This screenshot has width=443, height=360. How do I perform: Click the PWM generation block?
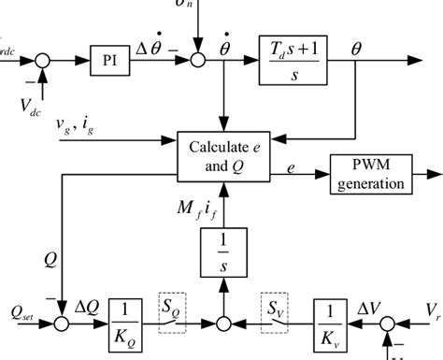(x=371, y=173)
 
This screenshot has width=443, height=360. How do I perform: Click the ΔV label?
(x=378, y=305)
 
